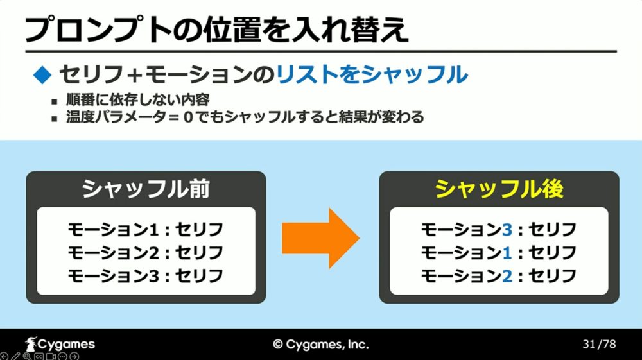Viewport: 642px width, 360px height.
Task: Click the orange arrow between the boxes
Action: (320, 238)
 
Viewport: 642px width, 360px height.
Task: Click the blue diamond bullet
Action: (42, 75)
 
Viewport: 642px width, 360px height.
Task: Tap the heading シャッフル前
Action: (146, 189)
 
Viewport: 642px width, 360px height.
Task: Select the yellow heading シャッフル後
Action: (499, 189)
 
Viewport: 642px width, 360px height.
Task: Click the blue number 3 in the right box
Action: (507, 230)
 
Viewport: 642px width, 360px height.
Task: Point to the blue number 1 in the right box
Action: (507, 253)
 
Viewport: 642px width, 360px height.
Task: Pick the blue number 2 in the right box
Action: (507, 276)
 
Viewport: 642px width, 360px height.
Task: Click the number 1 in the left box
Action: (153, 230)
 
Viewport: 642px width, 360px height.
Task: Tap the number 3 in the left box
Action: (153, 276)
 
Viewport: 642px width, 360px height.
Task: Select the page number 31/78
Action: (599, 344)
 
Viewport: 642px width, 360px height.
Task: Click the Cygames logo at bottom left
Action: (60, 344)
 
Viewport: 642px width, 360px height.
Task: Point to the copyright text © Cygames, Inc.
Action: (321, 345)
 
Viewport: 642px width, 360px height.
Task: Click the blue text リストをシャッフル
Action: (372, 75)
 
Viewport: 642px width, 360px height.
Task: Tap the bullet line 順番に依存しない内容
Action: (138, 100)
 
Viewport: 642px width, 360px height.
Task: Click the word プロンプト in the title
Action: (98, 30)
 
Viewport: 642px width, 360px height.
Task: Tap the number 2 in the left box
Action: (153, 253)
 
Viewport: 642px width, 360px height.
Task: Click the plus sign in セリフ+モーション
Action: (134, 75)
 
